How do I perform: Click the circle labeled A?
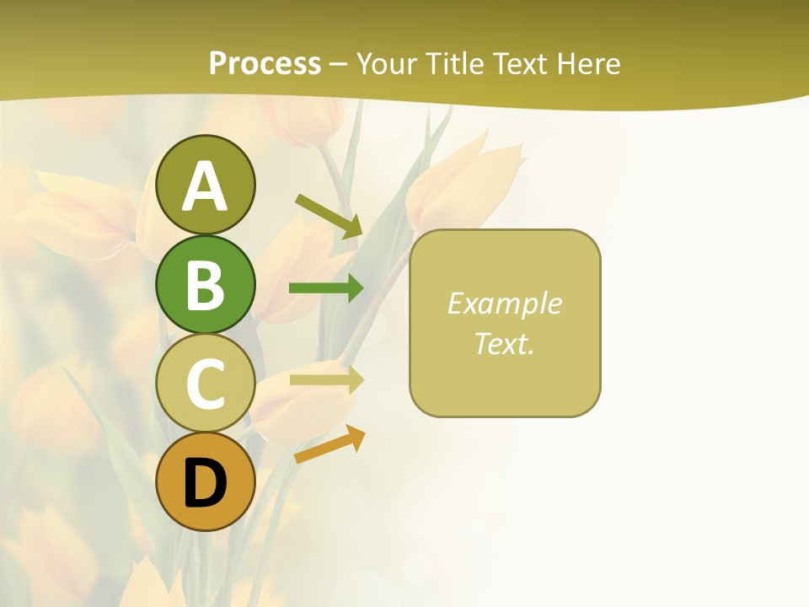205,185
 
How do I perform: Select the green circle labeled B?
205,285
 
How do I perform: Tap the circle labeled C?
205,384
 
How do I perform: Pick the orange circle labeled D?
205,482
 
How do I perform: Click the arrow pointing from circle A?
329,216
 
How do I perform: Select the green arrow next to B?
326,288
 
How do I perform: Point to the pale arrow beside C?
326,379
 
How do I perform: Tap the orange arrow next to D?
329,444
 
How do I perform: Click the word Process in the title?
265,63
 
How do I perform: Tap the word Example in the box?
504,303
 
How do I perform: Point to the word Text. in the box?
504,343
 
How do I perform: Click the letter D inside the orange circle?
205,484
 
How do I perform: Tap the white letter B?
205,285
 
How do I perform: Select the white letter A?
205,186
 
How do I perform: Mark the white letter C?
205,384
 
